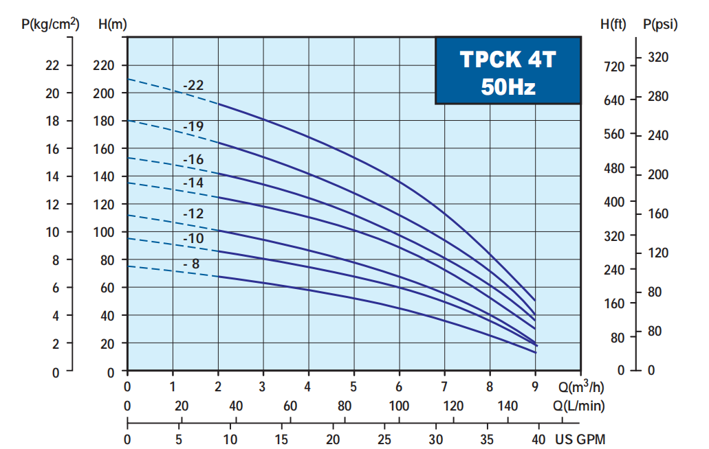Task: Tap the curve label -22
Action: pyautogui.click(x=193, y=86)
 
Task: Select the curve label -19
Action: pyautogui.click(x=193, y=126)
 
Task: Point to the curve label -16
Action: pyautogui.click(x=193, y=159)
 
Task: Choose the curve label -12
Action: pyautogui.click(x=193, y=214)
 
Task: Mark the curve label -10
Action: pyautogui.click(x=193, y=238)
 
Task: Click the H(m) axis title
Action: pyautogui.click(x=113, y=24)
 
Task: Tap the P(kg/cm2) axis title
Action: pyautogui.click(x=51, y=24)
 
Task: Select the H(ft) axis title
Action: pyautogui.click(x=613, y=24)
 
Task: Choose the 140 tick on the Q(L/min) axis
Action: pyautogui.click(x=508, y=406)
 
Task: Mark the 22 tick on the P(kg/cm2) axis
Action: pyautogui.click(x=52, y=66)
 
